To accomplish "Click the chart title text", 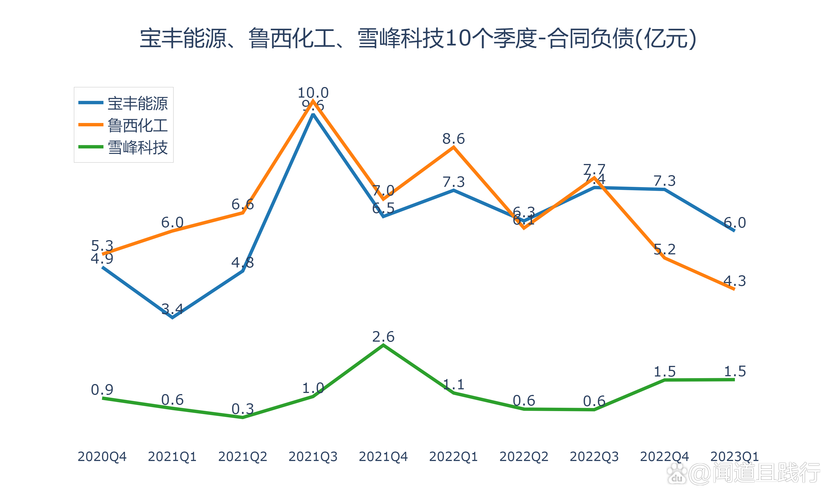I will tap(418, 38).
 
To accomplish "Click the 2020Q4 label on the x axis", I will tap(102, 457).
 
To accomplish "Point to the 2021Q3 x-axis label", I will tap(313, 457).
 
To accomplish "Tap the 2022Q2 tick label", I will tap(524, 457).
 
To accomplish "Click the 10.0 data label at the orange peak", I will tap(313, 92).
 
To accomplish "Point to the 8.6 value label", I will tap(453, 139).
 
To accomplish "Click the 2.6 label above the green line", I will tap(383, 337).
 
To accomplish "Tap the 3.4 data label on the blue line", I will tap(172, 309).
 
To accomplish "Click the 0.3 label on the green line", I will tap(242, 409).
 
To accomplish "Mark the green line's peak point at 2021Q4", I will tap(383, 345).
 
